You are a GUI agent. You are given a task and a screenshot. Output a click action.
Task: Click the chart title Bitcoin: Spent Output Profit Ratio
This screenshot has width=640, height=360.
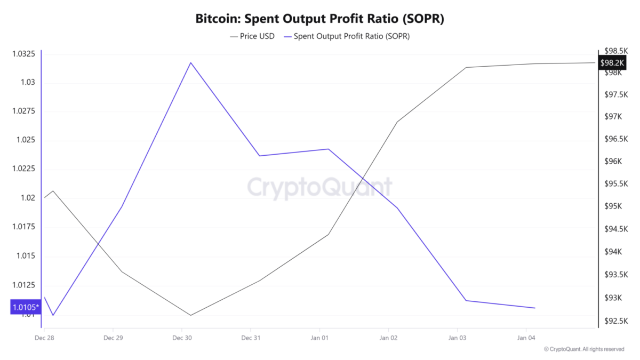pyautogui.click(x=319, y=19)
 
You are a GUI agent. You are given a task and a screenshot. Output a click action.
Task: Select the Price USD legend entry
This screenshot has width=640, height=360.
pyautogui.click(x=252, y=36)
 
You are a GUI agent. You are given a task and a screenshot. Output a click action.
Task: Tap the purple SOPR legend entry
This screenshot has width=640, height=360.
pyautogui.click(x=347, y=36)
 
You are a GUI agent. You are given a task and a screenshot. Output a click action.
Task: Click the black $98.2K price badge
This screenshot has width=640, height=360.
pyautogui.click(x=612, y=63)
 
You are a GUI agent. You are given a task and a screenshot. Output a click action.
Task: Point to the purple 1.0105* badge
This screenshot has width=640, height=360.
pyautogui.click(x=26, y=307)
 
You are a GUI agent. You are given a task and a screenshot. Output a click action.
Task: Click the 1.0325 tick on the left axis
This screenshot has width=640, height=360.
pyautogui.click(x=23, y=54)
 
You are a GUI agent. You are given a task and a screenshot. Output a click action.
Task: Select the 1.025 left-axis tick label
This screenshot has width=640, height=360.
pyautogui.click(x=26, y=140)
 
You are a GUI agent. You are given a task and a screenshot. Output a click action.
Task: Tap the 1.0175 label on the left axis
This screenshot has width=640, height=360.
pyautogui.click(x=23, y=227)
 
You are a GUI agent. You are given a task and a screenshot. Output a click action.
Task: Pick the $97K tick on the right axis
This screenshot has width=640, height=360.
pyautogui.click(x=613, y=117)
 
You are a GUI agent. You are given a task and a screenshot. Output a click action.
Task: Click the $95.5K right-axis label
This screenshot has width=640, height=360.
pyautogui.click(x=616, y=183)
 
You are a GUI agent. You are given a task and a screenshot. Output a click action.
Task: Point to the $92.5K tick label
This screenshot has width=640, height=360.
pyautogui.click(x=616, y=321)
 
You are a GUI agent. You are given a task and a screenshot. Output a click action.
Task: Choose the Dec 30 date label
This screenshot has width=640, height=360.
pyautogui.click(x=182, y=338)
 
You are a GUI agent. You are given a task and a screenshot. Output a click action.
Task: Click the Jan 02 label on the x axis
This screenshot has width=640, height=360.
pyautogui.click(x=388, y=338)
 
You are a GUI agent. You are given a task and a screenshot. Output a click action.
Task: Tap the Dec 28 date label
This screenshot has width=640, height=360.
pyautogui.click(x=44, y=338)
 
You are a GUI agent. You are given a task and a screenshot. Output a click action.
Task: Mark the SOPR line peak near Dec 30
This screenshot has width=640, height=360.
pyautogui.click(x=190, y=62)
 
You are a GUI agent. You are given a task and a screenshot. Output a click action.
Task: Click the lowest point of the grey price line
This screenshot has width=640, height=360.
pyautogui.click(x=190, y=315)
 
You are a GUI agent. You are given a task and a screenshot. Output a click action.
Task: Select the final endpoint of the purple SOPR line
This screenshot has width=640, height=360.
pyautogui.click(x=535, y=308)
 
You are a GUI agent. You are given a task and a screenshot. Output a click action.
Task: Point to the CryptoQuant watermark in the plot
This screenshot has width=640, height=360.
pyautogui.click(x=319, y=187)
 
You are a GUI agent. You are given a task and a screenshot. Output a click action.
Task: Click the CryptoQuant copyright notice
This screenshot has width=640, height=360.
pyautogui.click(x=584, y=349)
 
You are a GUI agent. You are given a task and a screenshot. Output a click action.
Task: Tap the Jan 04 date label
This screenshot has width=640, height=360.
pyautogui.click(x=526, y=338)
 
